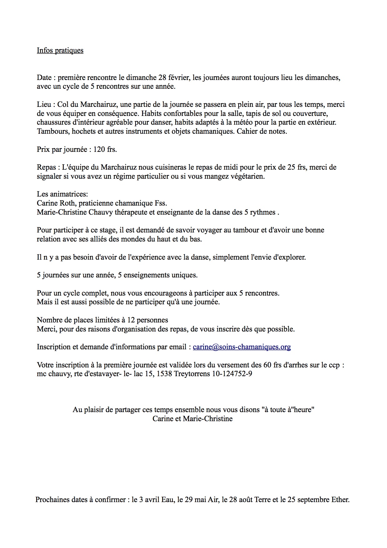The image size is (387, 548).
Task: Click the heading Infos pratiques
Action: pos(60,50)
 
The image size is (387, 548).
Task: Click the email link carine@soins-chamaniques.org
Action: pos(242,347)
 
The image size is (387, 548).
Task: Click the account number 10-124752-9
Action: pos(232,374)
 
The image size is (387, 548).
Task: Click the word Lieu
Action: pos(44,104)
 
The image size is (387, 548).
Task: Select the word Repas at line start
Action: pos(46,167)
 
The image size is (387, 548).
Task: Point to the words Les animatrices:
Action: pos(62,194)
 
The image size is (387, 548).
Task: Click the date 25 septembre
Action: pos(305,500)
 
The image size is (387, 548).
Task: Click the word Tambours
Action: pos(53,131)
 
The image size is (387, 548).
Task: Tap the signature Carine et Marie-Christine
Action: pos(192,419)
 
